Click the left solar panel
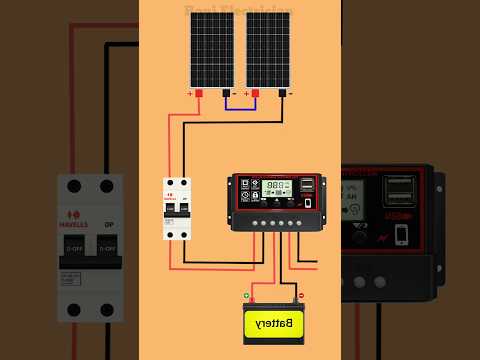click(211, 50)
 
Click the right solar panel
click(267, 50)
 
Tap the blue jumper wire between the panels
click(240, 105)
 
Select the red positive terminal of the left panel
click(198, 93)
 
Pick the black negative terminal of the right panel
click(282, 93)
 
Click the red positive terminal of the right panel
click(255, 93)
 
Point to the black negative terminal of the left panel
click(225, 93)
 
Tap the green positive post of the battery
click(247, 295)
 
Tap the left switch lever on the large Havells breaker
click(74, 245)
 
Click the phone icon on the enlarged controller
click(401, 234)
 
